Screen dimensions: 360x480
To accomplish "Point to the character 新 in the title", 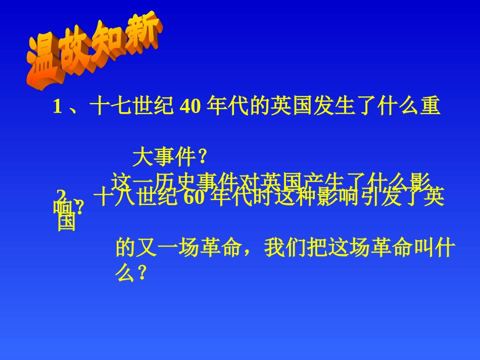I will click(143, 34).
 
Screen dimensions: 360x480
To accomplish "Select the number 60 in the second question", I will click(193, 198).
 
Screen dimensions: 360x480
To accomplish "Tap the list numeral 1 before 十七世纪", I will click(57, 108).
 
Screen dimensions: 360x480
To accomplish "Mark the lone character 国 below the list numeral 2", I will click(66, 222).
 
